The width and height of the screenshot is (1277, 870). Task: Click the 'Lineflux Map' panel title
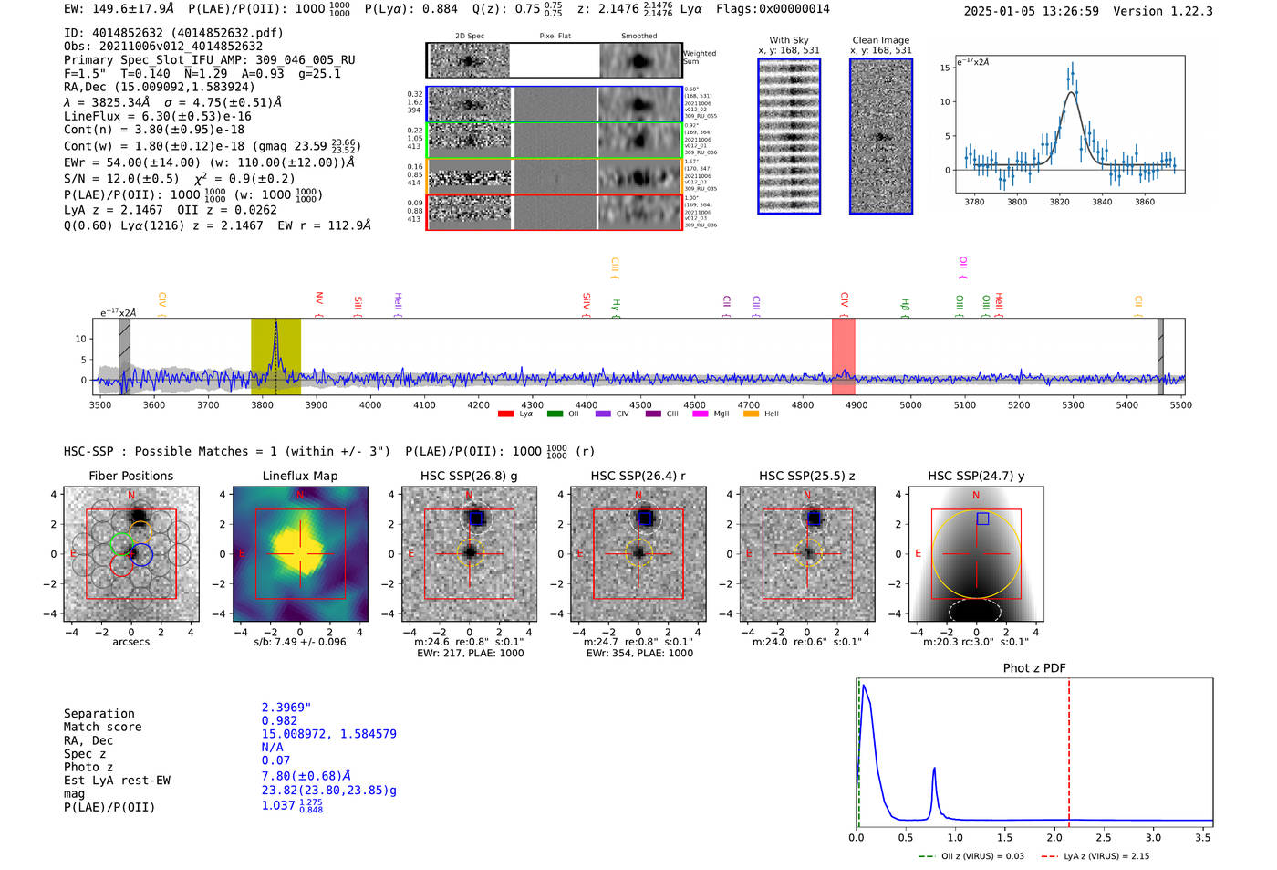(x=299, y=476)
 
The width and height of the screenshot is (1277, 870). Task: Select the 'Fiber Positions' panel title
(x=130, y=476)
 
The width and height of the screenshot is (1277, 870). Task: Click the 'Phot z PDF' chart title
(x=1034, y=668)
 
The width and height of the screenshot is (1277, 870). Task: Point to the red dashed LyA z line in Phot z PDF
(x=1069, y=749)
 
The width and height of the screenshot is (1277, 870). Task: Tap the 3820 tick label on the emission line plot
(x=1059, y=202)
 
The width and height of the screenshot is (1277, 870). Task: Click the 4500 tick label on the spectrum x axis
(x=640, y=405)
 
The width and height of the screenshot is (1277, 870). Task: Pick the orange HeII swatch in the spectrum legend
(x=752, y=414)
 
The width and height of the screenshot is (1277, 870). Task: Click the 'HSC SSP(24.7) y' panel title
(x=976, y=476)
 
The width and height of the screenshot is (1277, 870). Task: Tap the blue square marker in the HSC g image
(x=476, y=519)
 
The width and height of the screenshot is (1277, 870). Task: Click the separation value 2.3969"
(x=286, y=708)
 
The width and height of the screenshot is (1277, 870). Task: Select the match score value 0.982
(x=279, y=721)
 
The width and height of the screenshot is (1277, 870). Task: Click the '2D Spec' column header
(x=470, y=37)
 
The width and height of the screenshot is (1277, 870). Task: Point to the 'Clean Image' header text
(x=880, y=40)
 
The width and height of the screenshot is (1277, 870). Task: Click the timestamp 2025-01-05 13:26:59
(x=1031, y=11)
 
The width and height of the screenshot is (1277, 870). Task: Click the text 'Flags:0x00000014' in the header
(x=773, y=9)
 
